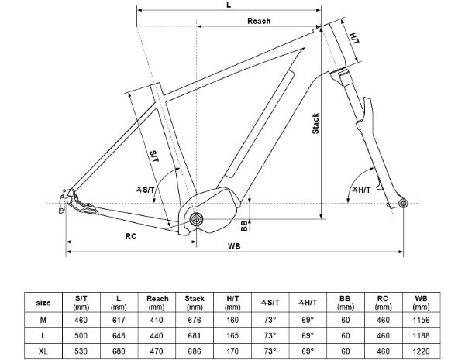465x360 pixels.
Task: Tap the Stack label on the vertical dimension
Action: pos(315,125)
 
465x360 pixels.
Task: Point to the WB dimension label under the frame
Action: pos(233,246)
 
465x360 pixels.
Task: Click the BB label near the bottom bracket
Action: pos(244,225)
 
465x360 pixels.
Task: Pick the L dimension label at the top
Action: pos(229,5)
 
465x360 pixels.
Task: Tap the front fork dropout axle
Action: pos(401,204)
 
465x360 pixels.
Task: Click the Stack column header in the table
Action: pos(195,300)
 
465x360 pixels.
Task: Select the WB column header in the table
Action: pos(420,300)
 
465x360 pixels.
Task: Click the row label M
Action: pos(44,318)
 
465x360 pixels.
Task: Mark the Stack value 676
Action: pos(195,318)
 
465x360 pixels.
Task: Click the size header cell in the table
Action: pos(44,302)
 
